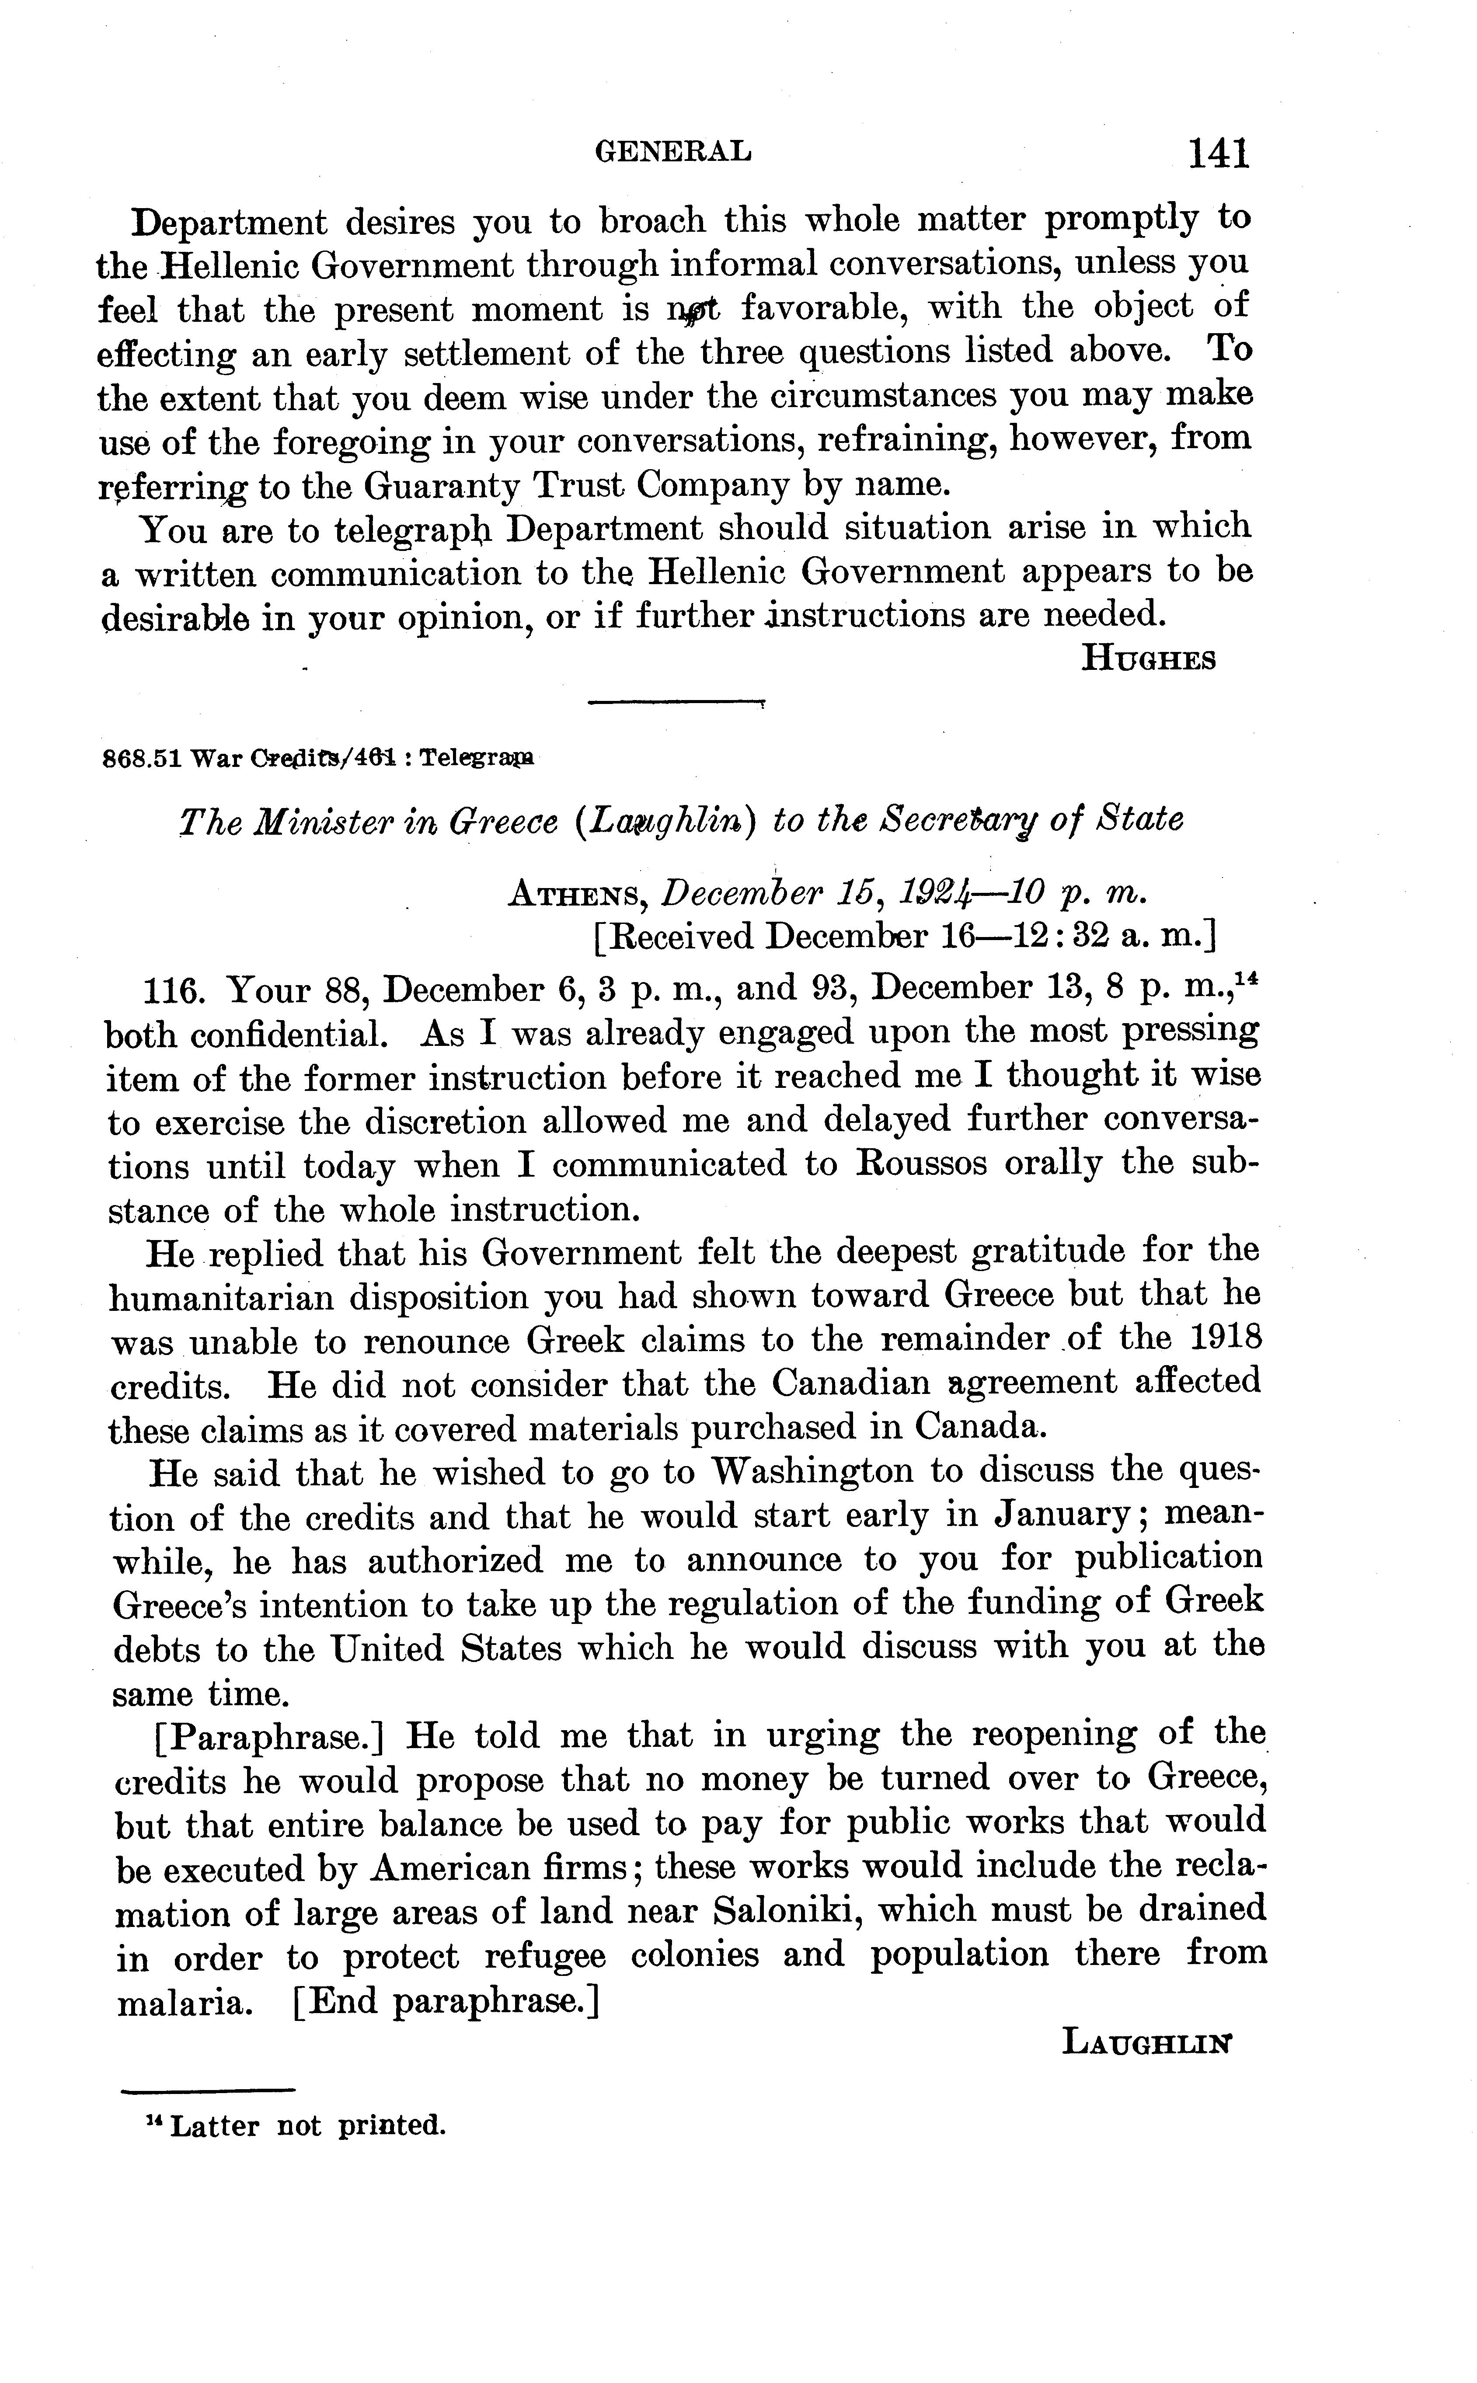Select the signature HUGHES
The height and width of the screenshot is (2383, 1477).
coord(1148,659)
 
